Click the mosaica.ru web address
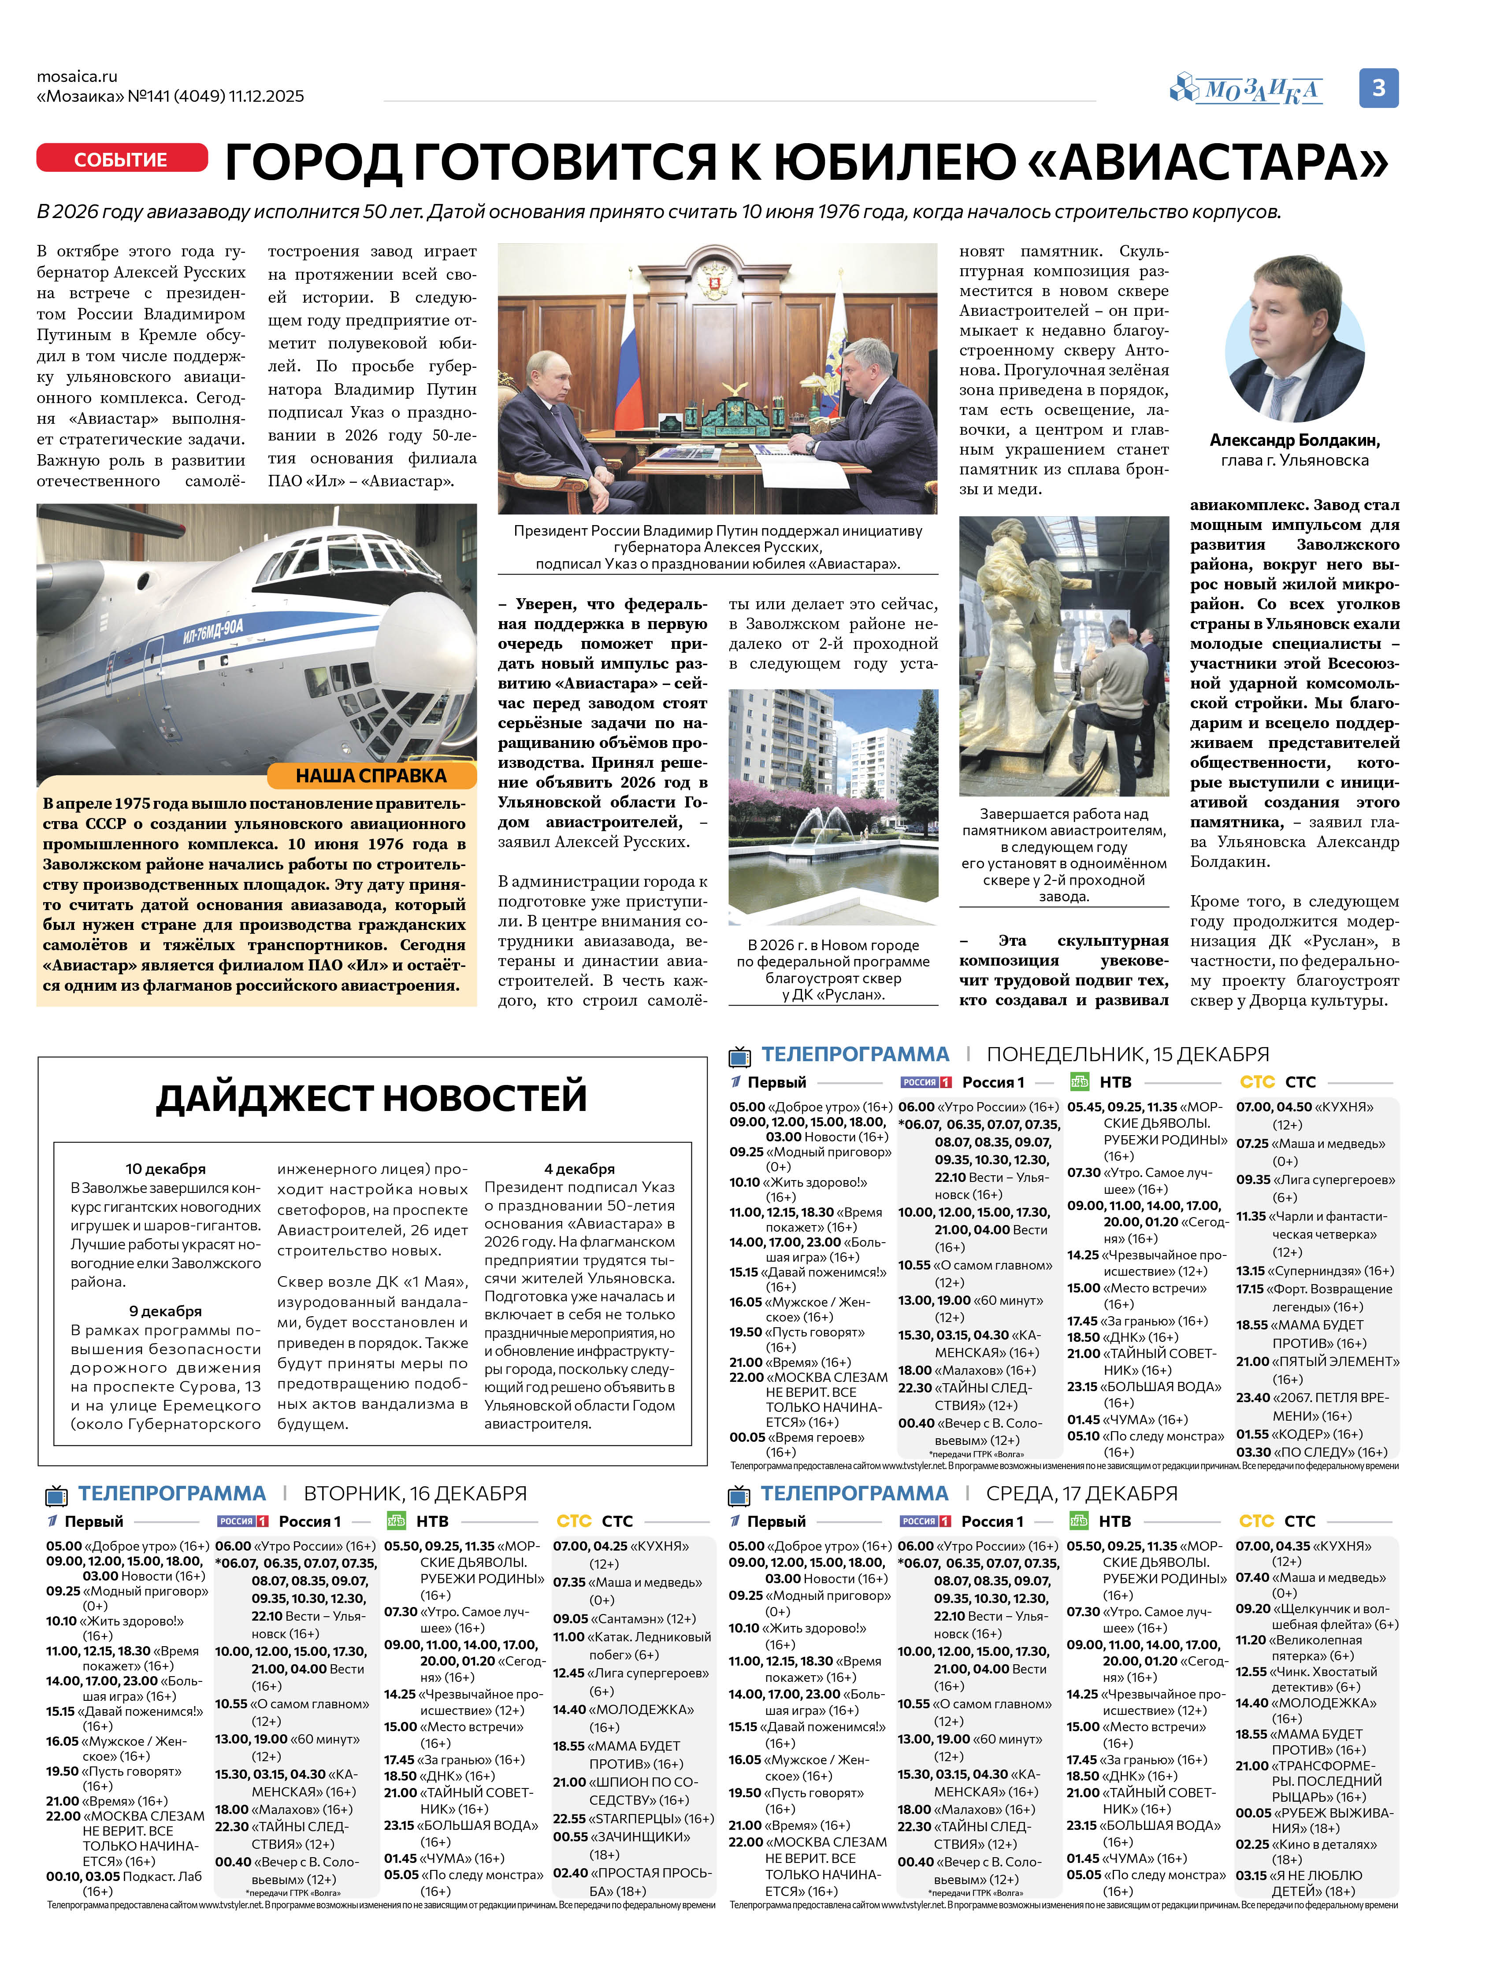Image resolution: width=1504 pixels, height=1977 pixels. [x=77, y=76]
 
